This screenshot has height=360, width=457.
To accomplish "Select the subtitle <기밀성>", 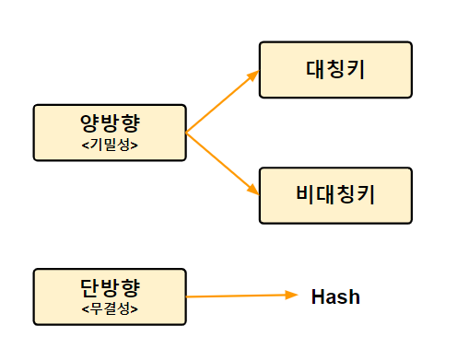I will [x=110, y=145].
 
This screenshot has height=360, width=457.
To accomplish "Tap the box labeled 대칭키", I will [x=334, y=69].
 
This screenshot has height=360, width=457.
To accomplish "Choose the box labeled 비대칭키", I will [x=334, y=195].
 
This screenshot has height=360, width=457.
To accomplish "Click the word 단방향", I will [x=110, y=288].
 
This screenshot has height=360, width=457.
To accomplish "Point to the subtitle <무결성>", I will [x=110, y=308].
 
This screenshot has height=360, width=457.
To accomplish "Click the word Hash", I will [x=335, y=297].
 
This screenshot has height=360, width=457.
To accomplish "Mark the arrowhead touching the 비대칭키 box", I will [x=253, y=189].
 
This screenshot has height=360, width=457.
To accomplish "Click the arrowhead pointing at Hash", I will [x=293, y=296].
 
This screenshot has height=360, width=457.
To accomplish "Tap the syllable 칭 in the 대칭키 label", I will [x=334, y=69].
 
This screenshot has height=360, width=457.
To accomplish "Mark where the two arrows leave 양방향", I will [x=186, y=134].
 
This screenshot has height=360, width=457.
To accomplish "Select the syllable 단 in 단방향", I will [x=90, y=288].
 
